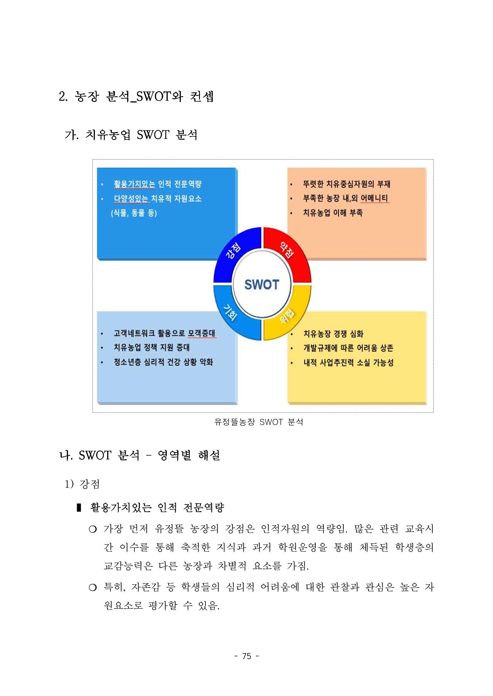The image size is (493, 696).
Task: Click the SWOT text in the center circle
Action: [x=261, y=285]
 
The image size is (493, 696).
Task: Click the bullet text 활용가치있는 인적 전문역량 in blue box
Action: [x=158, y=184]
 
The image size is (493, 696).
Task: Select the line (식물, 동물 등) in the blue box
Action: [x=134, y=213]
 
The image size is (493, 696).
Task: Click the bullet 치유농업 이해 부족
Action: [x=333, y=213]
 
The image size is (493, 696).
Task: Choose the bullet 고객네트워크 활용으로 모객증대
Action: [x=164, y=333]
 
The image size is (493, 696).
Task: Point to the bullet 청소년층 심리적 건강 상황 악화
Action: [x=163, y=362]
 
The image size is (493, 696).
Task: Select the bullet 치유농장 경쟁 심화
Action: [x=333, y=334]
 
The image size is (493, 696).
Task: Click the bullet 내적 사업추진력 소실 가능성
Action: [x=349, y=363]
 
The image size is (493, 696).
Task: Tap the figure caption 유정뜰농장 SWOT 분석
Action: [x=259, y=422]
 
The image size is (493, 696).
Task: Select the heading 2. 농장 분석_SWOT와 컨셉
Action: [x=136, y=97]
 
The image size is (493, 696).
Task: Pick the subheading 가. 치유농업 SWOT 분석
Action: [x=131, y=135]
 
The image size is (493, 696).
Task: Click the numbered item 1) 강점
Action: [x=82, y=484]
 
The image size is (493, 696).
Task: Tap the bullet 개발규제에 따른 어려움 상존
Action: [x=348, y=348]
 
